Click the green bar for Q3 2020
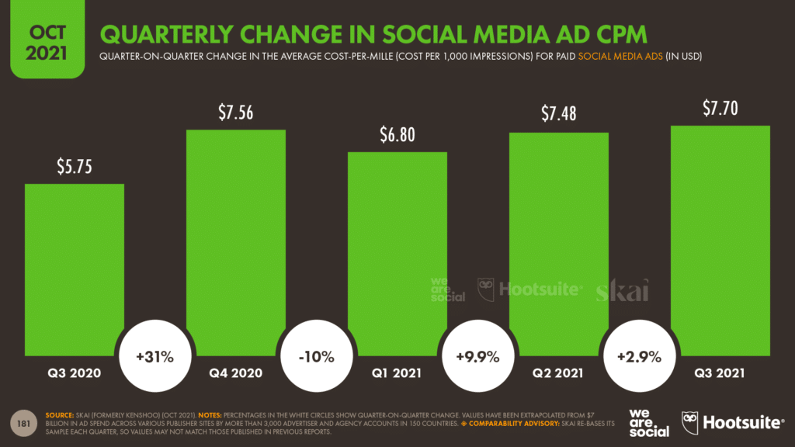[x=75, y=264]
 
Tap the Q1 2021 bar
[x=397, y=248]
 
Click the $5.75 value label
[x=75, y=167]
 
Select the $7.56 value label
[x=236, y=113]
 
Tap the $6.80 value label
[x=397, y=135]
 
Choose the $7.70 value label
[x=720, y=109]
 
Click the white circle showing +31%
[x=154, y=357]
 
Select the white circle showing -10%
[x=316, y=357]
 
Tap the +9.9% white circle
[x=477, y=357]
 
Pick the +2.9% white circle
[x=639, y=357]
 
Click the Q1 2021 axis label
[x=397, y=373]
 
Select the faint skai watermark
[x=622, y=289]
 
